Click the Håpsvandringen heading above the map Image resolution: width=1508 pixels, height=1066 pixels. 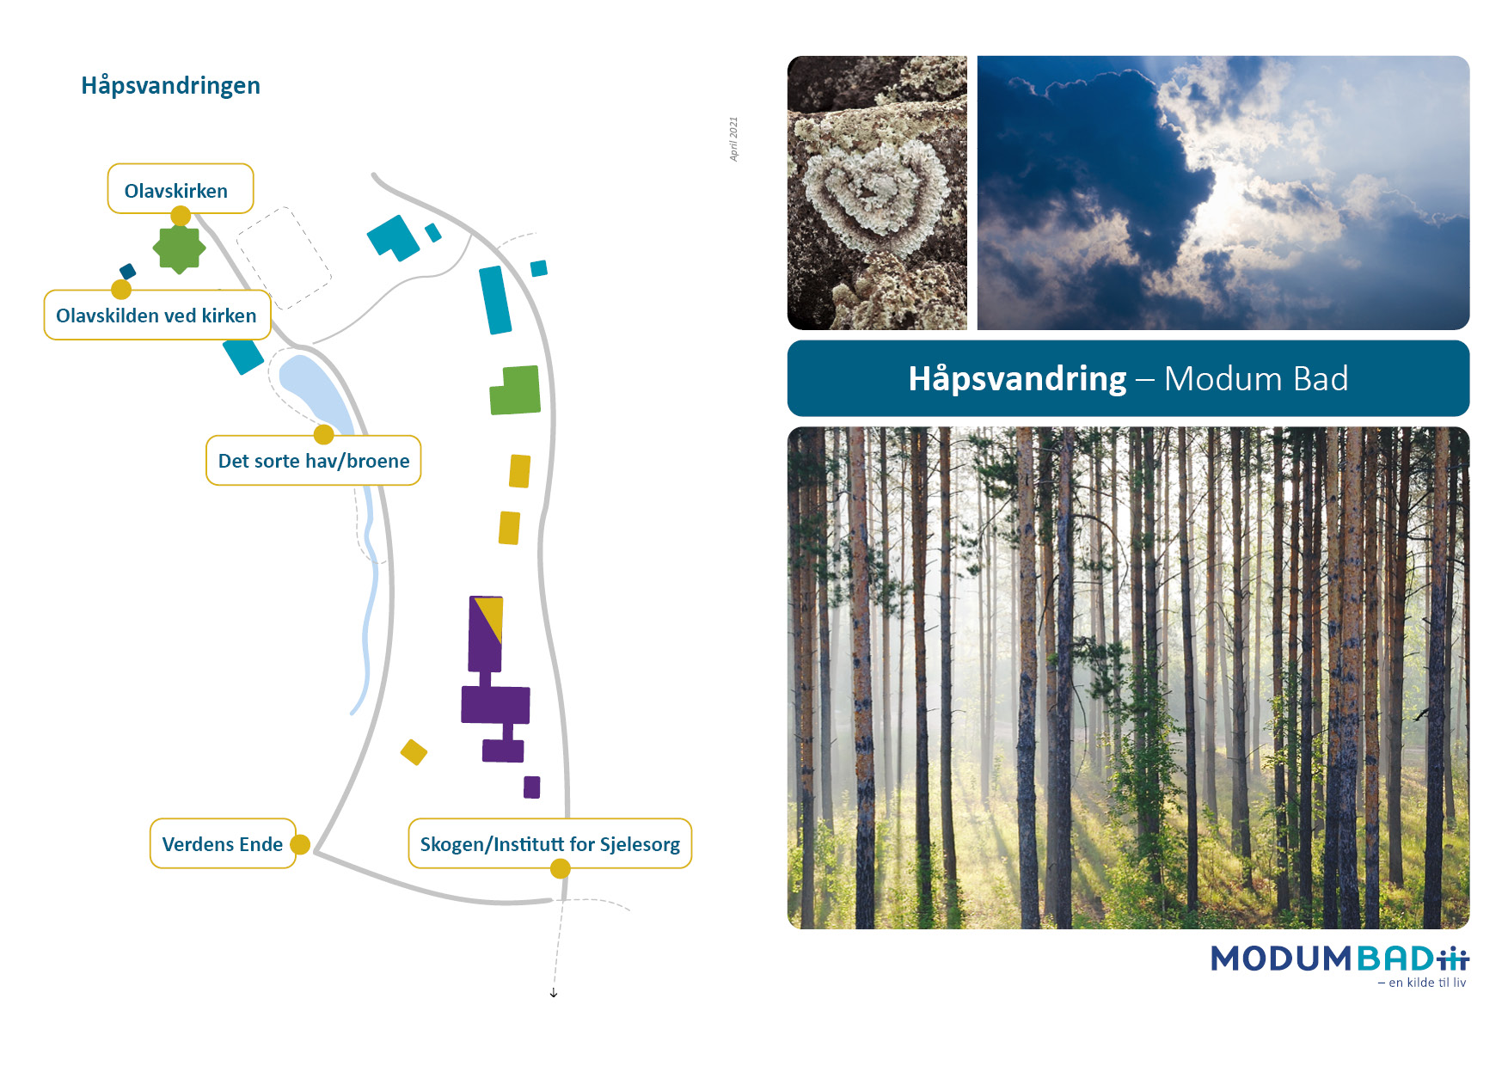coord(170,86)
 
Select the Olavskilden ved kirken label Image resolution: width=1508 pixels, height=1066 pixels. coord(157,315)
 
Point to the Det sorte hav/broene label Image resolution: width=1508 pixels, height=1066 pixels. coord(314,460)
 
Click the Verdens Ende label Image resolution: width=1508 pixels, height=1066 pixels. coord(223,843)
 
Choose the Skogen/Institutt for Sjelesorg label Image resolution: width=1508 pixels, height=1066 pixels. coord(550,843)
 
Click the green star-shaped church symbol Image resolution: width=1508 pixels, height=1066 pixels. coord(179,249)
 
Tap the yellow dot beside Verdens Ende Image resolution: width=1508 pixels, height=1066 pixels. coord(300,844)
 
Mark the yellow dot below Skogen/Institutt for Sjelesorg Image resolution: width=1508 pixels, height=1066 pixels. coord(560,869)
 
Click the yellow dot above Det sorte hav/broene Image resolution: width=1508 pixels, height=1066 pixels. coord(323,435)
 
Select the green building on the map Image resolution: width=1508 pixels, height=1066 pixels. coord(515,390)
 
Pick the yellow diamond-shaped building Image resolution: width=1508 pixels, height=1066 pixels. coord(414,752)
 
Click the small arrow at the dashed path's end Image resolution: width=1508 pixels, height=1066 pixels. coord(554,993)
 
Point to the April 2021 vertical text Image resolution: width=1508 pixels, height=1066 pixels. coord(733,139)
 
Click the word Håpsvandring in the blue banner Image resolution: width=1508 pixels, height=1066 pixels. coord(1017,379)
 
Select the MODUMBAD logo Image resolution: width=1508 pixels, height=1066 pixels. coord(1339,959)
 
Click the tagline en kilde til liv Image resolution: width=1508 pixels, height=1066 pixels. coord(1422,983)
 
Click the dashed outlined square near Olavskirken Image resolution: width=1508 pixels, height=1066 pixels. coord(284,258)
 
